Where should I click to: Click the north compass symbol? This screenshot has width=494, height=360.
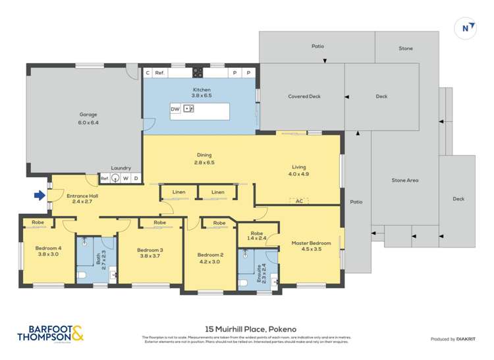click(465, 28)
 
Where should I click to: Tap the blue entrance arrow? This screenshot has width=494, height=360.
click(40, 195)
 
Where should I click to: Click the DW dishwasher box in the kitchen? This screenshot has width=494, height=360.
click(175, 109)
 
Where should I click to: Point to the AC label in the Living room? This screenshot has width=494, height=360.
click(298, 201)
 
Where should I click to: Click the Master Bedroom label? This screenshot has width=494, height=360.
click(309, 243)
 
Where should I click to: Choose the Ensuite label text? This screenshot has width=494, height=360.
click(259, 272)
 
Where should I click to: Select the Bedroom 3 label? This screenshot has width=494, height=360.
click(150, 249)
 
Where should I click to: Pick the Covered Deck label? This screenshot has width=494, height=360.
click(304, 97)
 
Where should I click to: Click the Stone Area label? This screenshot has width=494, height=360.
click(405, 180)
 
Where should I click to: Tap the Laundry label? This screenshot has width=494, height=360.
click(121, 168)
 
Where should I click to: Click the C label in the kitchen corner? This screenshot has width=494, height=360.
click(148, 73)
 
